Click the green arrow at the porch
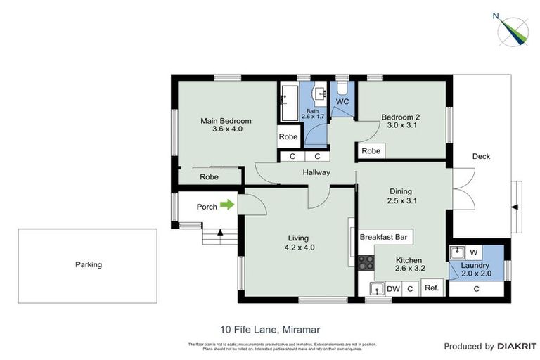227,205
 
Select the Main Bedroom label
226,120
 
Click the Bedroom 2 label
401,117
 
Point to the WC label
342,102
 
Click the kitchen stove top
366,263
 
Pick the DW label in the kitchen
393,288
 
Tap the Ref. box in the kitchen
432,288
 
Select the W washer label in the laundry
473,252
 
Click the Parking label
89,265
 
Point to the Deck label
481,156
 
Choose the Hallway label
316,173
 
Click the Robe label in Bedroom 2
371,151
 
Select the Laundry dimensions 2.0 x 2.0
476,274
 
